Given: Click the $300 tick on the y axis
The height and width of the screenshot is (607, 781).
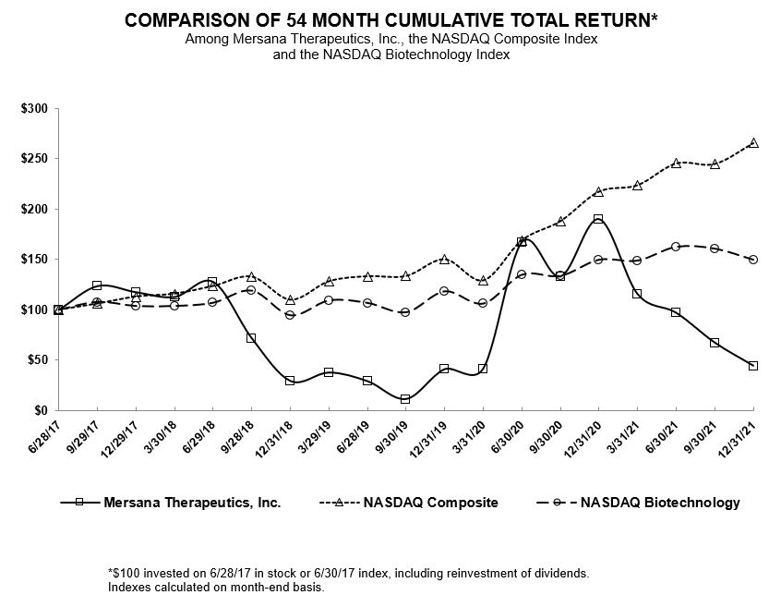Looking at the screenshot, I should tap(34, 109).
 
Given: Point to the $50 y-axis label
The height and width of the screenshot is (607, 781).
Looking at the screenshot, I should tap(37, 359).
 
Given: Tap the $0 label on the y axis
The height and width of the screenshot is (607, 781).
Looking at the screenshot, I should tap(41, 409).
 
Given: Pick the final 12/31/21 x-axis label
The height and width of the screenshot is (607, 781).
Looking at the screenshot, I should tap(741, 434).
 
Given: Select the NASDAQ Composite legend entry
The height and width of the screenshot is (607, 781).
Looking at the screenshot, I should tap(430, 503).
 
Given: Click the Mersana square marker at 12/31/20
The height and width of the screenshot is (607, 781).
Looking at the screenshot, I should tap(598, 219).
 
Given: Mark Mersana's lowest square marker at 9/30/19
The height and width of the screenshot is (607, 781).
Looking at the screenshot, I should tap(405, 399).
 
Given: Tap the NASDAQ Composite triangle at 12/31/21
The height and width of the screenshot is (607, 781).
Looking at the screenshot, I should tap(753, 142).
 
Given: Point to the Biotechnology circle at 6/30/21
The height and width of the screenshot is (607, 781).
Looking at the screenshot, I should tap(676, 247).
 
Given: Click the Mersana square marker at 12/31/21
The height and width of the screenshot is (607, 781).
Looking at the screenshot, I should tap(753, 366).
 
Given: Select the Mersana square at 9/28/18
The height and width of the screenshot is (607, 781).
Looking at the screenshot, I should tap(251, 338).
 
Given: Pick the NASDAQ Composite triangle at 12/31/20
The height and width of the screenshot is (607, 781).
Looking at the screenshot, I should tap(598, 191).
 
